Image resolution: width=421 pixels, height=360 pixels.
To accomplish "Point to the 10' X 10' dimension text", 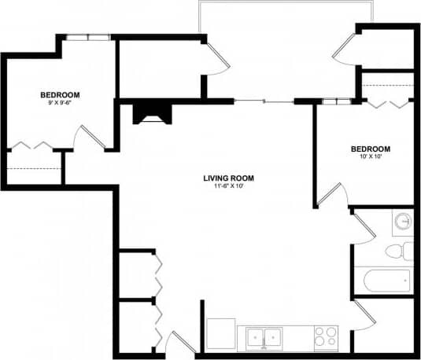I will pyautogui.click(x=369, y=157).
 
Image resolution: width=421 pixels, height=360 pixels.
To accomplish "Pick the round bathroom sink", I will pyautogui.click(x=403, y=222).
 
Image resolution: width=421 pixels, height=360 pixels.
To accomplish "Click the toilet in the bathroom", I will pyautogui.click(x=400, y=252).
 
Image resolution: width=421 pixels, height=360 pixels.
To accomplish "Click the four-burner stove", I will pyautogui.click(x=325, y=337).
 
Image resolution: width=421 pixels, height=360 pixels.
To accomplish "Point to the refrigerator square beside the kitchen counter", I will pyautogui.click(x=221, y=335).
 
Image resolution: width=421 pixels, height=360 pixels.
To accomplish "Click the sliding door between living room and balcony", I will pyautogui.click(x=264, y=101).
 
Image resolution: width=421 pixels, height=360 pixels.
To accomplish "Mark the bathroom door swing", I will pyautogui.click(x=363, y=227).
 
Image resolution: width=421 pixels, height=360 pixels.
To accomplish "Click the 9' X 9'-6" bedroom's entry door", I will pyautogui.click(x=89, y=138).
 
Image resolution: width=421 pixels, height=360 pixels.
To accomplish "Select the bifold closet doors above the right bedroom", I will pyautogui.click(x=388, y=103).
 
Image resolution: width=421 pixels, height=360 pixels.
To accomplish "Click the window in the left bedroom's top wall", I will pyautogui.click(x=87, y=37).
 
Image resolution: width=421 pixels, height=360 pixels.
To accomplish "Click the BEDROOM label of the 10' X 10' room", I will pyautogui.click(x=369, y=149).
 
